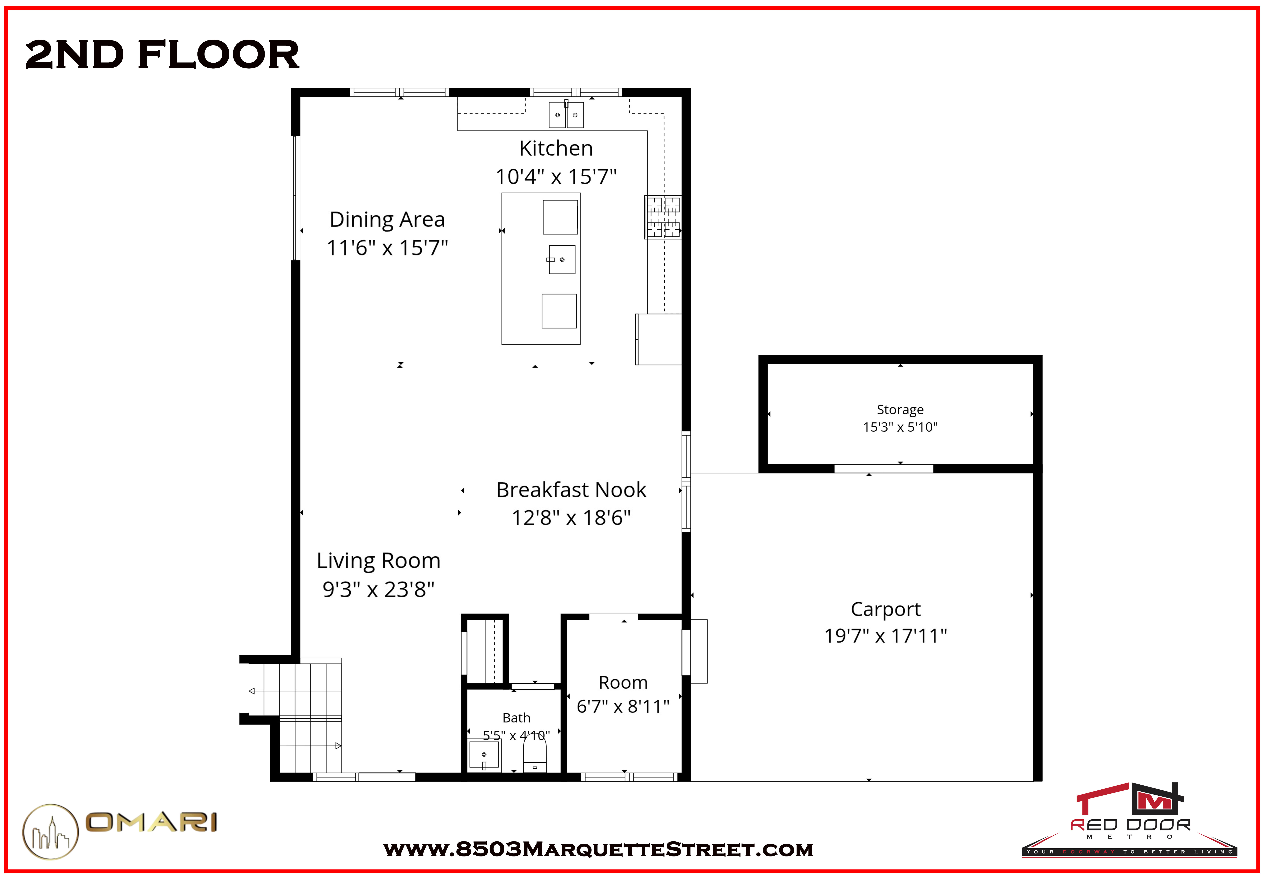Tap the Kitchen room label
(x=556, y=148)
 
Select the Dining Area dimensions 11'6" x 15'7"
(x=387, y=248)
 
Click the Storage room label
(x=900, y=409)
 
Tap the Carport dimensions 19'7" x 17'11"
(x=886, y=636)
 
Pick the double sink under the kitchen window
(x=566, y=114)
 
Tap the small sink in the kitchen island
(x=561, y=259)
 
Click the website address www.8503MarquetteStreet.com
(x=598, y=849)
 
